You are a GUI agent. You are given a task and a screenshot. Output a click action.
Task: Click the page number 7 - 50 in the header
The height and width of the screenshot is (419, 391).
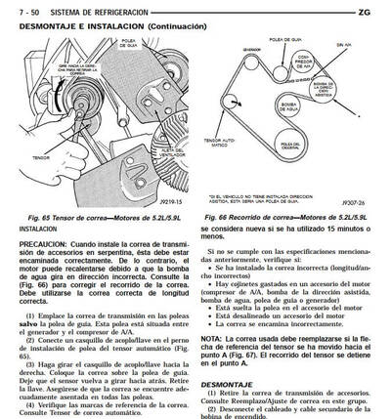pos(21,10)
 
